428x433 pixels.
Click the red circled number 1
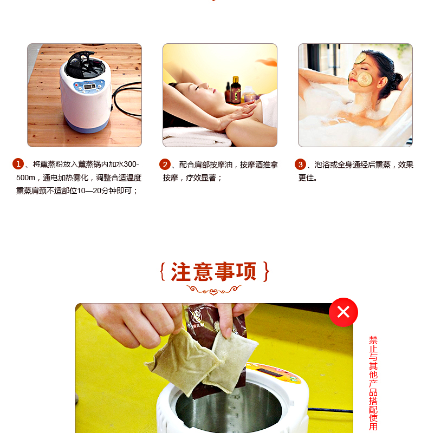18,164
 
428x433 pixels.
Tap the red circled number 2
165,165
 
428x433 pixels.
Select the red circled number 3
300,165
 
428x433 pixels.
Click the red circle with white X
343,312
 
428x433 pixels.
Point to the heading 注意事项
214,272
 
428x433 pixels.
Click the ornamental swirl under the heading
213,290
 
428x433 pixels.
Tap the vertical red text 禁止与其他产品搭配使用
373,384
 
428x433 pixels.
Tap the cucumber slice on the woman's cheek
365,79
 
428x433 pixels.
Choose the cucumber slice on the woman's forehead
361,58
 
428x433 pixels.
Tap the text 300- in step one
131,165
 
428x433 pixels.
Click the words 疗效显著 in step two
201,178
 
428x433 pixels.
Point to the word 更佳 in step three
306,178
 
